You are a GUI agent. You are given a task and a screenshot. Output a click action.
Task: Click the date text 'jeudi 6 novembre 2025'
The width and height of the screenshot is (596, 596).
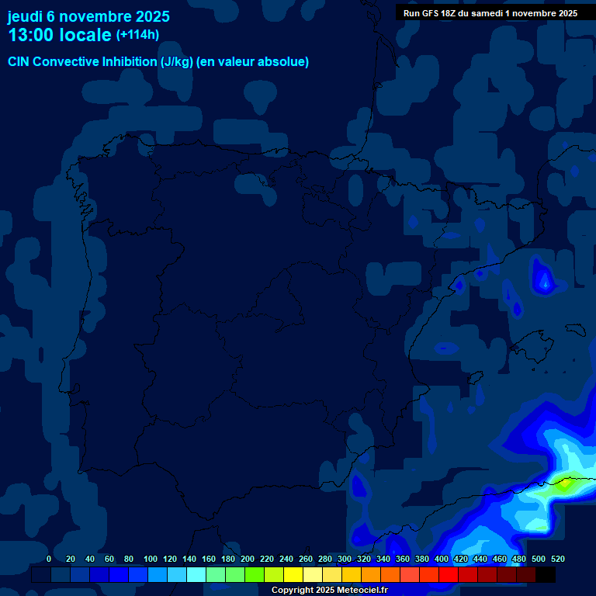click(88, 16)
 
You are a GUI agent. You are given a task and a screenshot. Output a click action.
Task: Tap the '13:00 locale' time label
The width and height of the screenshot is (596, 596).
click(60, 35)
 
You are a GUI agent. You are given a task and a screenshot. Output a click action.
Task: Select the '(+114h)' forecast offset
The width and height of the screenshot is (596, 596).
click(137, 35)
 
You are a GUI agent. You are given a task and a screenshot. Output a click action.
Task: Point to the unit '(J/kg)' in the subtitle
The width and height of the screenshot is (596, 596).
click(176, 62)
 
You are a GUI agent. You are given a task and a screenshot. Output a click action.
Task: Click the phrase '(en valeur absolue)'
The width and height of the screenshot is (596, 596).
click(253, 62)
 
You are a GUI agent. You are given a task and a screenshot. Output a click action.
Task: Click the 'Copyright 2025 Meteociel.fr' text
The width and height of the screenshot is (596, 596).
click(329, 591)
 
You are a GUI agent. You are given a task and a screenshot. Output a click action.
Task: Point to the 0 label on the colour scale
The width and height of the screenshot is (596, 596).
click(49, 559)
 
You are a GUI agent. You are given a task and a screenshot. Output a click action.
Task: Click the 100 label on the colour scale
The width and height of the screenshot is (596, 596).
click(151, 559)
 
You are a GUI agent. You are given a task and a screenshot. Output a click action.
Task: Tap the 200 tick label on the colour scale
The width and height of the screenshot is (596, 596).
click(248, 559)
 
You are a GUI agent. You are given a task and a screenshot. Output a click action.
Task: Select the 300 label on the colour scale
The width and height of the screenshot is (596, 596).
click(345, 559)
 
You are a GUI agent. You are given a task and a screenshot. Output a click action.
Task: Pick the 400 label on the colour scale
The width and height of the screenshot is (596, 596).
click(442, 559)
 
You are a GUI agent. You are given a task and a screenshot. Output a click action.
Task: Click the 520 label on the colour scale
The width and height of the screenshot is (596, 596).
click(557, 559)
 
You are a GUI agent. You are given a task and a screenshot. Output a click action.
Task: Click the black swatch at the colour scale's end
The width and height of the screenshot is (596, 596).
click(546, 575)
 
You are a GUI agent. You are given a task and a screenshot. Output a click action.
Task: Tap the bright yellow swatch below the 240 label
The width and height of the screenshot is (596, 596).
click(293, 575)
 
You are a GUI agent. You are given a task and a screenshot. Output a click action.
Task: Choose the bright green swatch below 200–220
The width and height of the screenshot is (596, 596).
click(255, 575)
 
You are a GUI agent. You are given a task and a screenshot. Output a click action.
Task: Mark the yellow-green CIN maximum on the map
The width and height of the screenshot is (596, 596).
click(565, 483)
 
